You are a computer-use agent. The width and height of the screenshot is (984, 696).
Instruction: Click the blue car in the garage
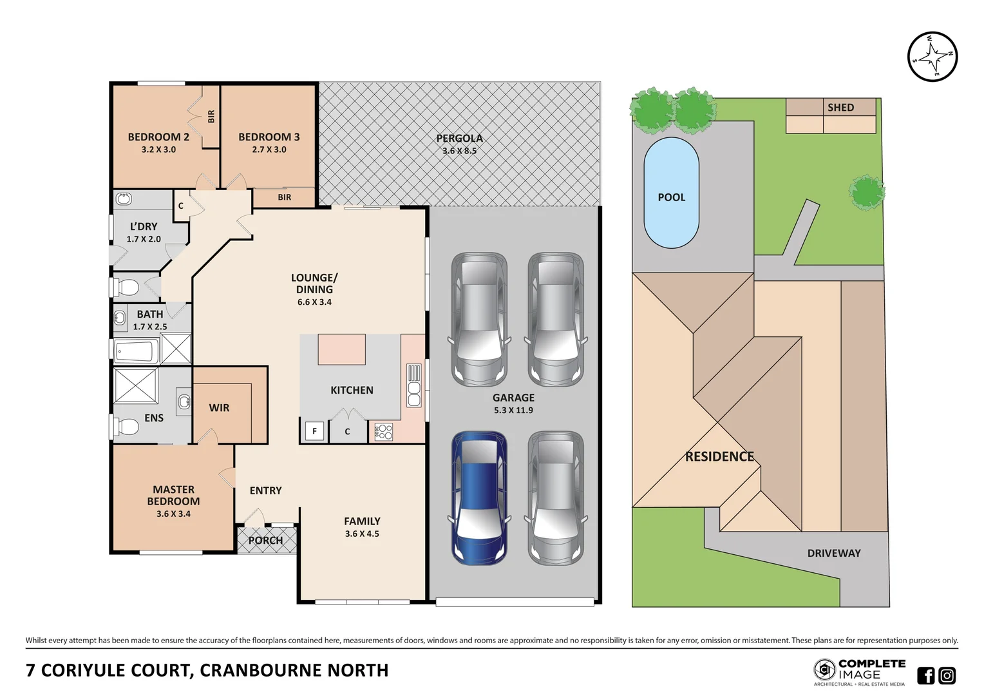(x=479, y=498)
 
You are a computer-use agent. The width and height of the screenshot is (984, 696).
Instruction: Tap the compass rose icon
(x=932, y=57)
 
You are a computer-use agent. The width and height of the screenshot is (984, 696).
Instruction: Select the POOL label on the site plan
(x=671, y=197)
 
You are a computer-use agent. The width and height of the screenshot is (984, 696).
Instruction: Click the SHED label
(x=840, y=107)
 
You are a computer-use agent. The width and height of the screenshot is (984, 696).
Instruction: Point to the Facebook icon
(x=925, y=675)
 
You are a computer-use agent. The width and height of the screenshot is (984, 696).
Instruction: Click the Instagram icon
(x=947, y=675)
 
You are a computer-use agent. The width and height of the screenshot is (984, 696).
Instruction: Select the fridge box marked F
(x=314, y=431)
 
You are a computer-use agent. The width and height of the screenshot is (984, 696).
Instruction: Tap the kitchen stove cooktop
(x=383, y=431)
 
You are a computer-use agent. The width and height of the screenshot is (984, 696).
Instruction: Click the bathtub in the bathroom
(x=136, y=351)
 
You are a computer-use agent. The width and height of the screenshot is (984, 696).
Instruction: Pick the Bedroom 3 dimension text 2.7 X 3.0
(x=269, y=150)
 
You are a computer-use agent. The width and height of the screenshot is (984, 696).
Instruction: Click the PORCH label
(x=265, y=541)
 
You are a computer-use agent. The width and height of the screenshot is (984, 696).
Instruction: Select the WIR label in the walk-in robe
(x=219, y=408)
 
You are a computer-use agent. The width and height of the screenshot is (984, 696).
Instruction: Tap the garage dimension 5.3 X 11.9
(x=513, y=411)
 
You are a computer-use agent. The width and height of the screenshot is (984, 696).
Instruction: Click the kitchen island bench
(x=341, y=349)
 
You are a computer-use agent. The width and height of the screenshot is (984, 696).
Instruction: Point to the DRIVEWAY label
(x=834, y=553)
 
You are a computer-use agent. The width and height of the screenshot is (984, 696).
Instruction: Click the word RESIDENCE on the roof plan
(x=719, y=456)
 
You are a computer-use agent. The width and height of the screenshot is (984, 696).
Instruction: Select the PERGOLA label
(x=459, y=138)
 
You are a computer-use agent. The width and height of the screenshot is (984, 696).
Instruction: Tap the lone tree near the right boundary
(x=867, y=192)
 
